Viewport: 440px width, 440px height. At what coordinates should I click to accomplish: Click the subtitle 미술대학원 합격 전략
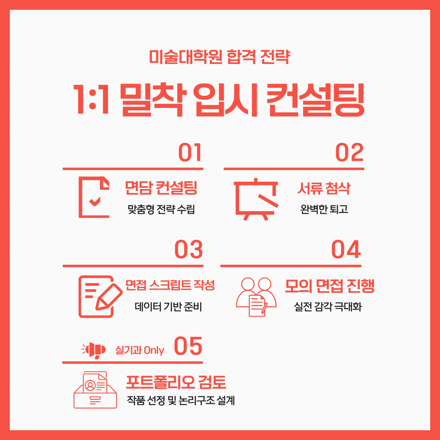[219, 57]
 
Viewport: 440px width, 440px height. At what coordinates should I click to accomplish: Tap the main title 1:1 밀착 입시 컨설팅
[219, 100]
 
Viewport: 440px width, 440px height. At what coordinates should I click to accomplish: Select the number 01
[190, 152]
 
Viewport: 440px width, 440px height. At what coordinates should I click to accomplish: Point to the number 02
[350, 152]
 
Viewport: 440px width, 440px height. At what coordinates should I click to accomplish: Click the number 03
[189, 249]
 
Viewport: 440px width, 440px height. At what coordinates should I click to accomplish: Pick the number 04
[346, 249]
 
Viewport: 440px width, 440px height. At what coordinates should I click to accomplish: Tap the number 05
[188, 346]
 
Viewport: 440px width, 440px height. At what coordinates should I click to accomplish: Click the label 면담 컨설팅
[161, 188]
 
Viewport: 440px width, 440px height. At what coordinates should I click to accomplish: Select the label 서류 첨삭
[324, 188]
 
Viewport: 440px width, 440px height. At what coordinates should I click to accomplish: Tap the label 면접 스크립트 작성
[170, 285]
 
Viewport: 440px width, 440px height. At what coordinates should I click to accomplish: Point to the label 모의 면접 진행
[330, 286]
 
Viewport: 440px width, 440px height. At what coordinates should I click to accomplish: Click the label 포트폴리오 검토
[176, 382]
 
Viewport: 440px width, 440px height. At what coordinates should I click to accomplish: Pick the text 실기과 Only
[139, 350]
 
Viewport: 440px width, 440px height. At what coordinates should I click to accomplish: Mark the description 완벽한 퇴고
[324, 209]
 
